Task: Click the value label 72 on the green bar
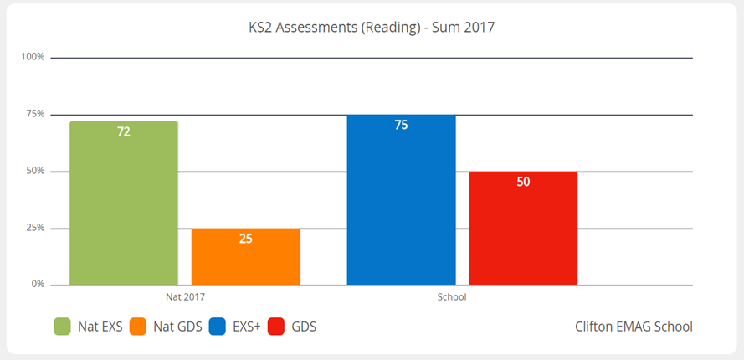(124, 132)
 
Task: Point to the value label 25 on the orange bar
(246, 239)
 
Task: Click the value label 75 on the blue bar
(402, 126)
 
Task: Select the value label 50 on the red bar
(523, 182)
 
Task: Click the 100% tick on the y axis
(33, 57)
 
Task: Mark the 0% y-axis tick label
(37, 285)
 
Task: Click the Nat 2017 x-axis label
(185, 297)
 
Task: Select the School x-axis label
(452, 297)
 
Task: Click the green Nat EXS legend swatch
(62, 326)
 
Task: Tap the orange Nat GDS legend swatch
(138, 326)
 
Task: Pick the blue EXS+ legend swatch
(218, 326)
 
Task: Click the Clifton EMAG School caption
(634, 327)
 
